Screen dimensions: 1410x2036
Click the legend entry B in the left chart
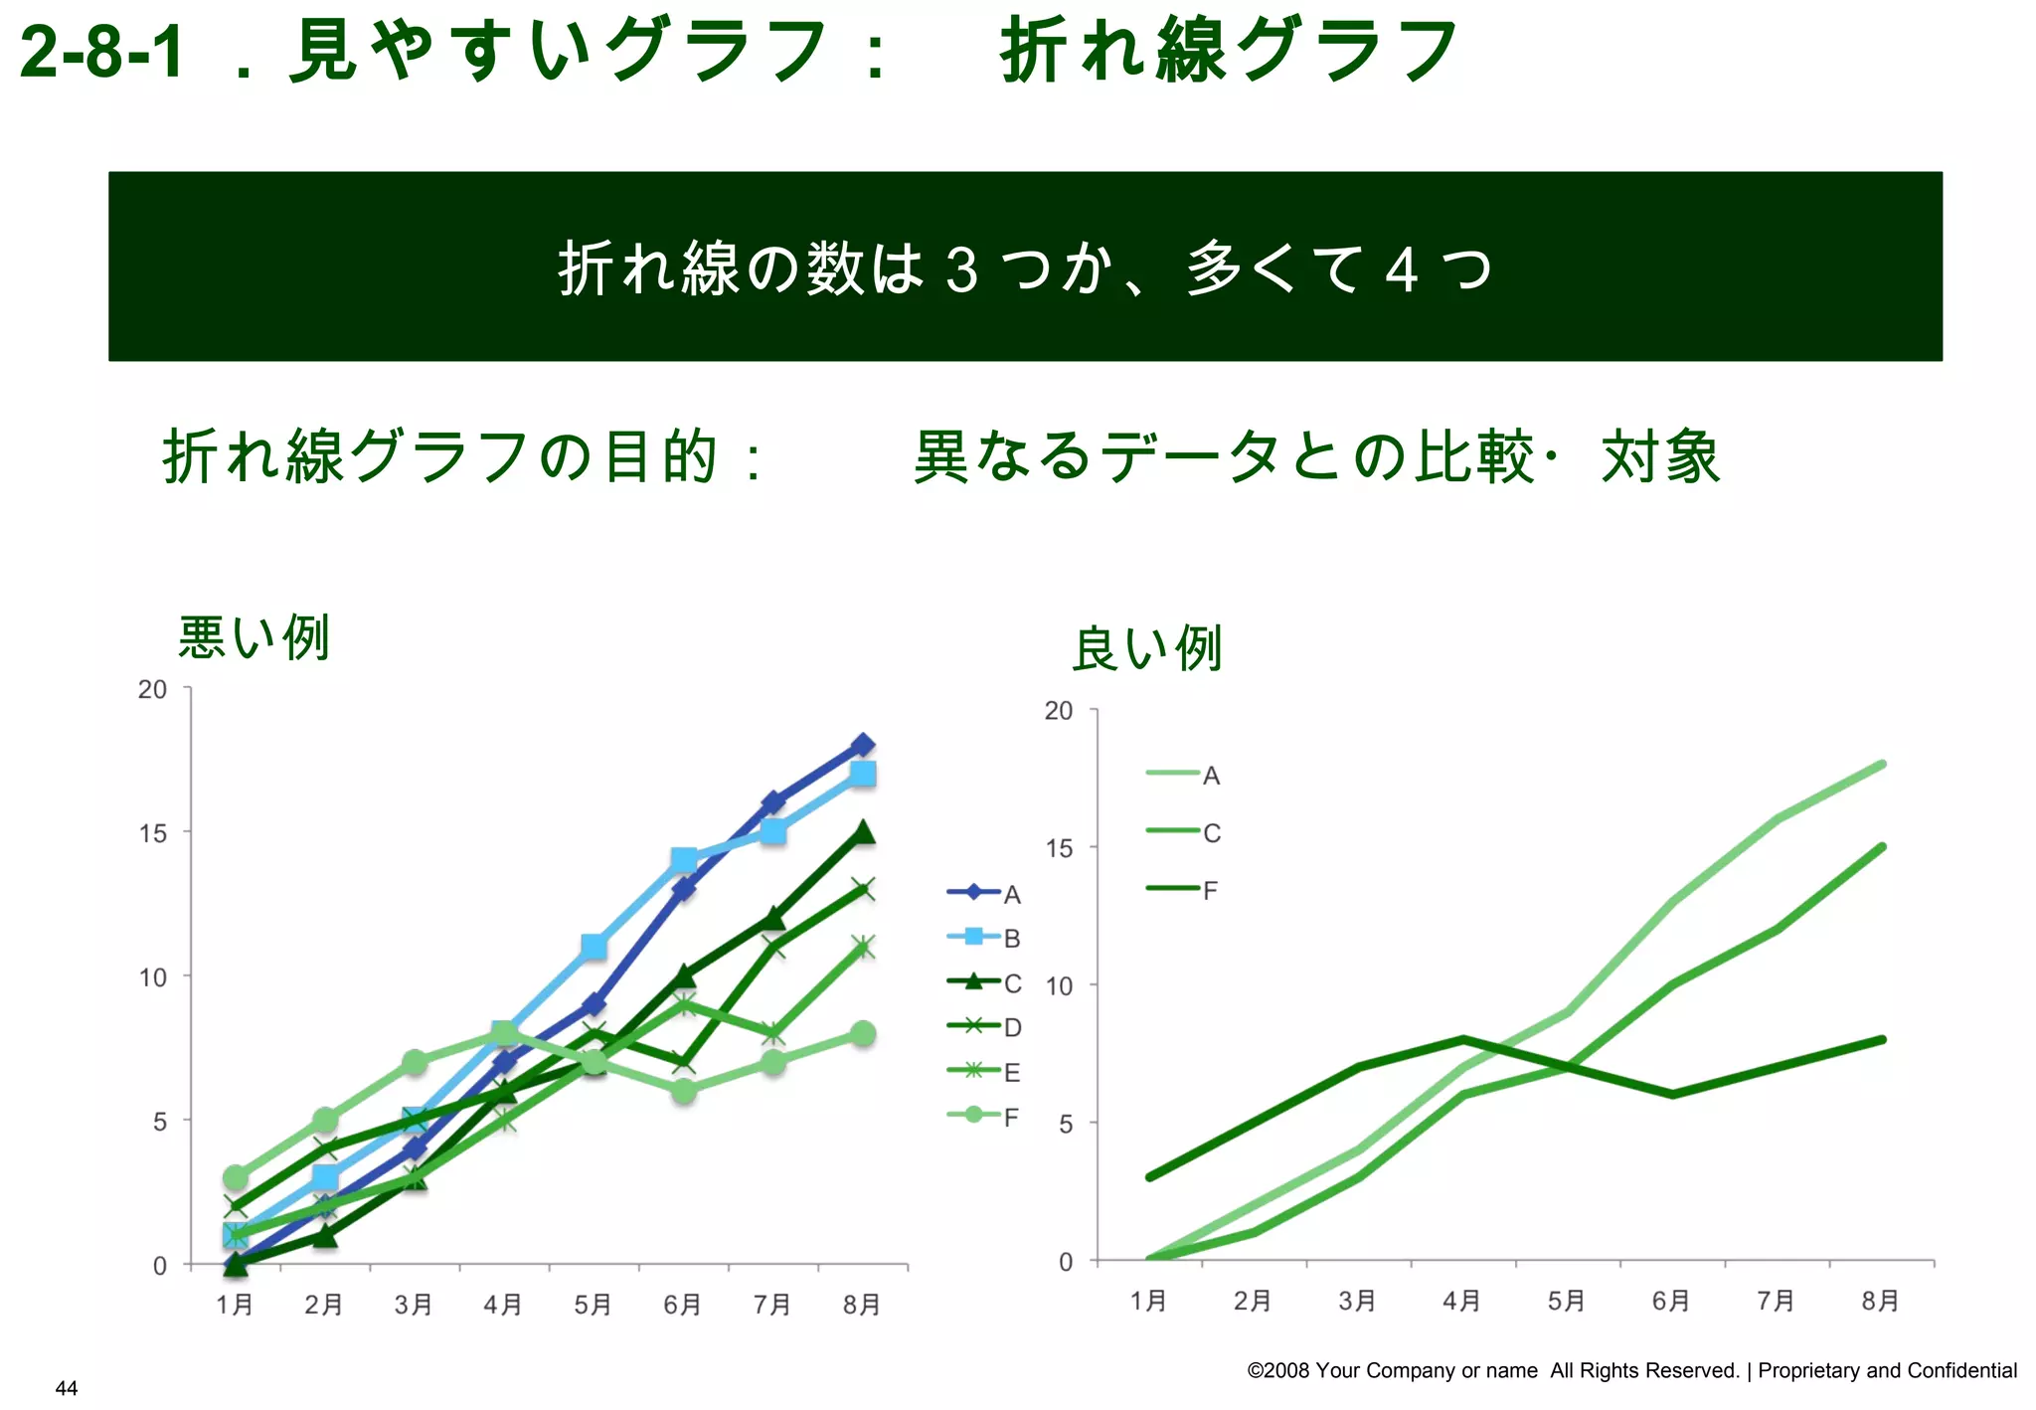coord(984,938)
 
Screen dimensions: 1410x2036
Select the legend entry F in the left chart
coord(984,1116)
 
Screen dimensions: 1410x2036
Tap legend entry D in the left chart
coord(984,1026)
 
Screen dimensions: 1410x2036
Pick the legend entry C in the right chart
coord(1184,832)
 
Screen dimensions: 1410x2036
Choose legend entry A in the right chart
coord(1184,775)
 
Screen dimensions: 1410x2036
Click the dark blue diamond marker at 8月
coord(863,745)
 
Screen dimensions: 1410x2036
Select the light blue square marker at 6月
coord(683,860)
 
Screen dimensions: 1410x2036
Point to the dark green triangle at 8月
coord(863,832)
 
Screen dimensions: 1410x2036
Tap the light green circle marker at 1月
coord(236,1177)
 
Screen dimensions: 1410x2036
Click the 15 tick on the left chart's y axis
coord(153,833)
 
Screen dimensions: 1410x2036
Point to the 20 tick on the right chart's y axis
coord(1059,711)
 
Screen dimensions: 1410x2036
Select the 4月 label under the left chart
coord(503,1304)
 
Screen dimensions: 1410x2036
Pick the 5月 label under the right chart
coord(1566,1301)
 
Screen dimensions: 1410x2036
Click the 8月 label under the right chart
coord(1880,1301)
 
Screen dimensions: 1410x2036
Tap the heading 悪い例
coord(254,637)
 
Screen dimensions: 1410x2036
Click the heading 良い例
coord(1146,649)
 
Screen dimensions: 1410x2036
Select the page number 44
coord(67,1388)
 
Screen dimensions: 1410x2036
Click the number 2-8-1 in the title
coord(101,52)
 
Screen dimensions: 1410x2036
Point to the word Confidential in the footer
coord(1961,1370)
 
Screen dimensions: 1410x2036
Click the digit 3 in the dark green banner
coord(961,269)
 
